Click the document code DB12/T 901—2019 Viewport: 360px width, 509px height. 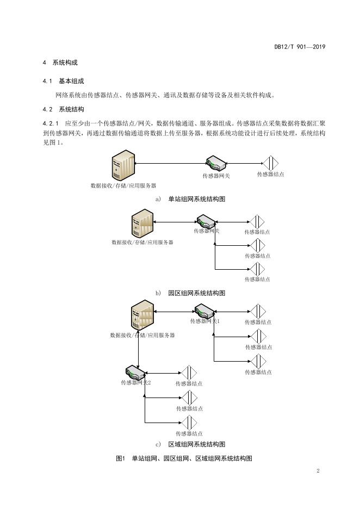coord(300,47)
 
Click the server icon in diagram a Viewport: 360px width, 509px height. coord(122,165)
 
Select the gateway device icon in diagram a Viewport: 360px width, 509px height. coord(216,164)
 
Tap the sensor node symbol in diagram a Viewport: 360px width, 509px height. coord(270,163)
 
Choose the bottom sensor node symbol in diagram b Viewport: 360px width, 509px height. coord(257,269)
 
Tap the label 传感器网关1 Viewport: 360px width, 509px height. coord(205,321)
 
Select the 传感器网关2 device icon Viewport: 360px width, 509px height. coord(135,372)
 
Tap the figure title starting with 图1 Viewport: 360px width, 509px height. coord(184,458)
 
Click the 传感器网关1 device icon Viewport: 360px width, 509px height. coord(204,311)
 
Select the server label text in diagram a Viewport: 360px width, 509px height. coord(123,186)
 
